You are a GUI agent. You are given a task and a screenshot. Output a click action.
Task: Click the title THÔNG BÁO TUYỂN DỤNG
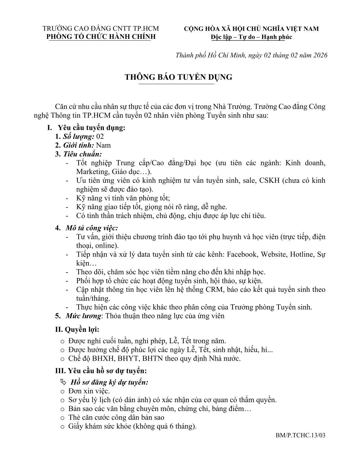point(179,77)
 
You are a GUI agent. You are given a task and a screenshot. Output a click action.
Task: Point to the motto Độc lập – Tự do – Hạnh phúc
point(251,37)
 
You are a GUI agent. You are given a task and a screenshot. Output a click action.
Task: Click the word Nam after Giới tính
point(104,145)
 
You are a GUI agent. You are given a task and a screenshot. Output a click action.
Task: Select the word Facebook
point(242,254)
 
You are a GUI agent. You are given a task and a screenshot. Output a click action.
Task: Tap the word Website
point(274,254)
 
